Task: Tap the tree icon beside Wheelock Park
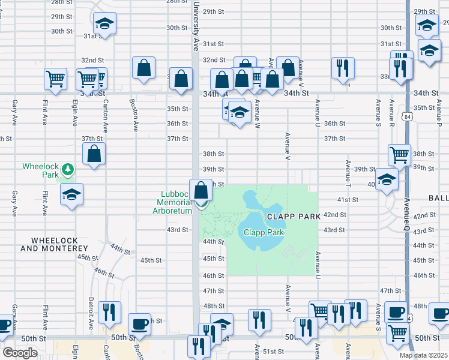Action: tap(68, 169)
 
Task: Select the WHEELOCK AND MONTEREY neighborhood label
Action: tap(54, 244)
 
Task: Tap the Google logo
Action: tap(20, 353)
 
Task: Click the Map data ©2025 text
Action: tap(424, 355)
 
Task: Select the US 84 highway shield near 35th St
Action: tap(408, 116)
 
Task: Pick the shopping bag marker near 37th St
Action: tap(94, 154)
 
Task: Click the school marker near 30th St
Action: tap(105, 23)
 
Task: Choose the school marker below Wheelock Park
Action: tap(71, 194)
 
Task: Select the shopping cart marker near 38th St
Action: tap(399, 155)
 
